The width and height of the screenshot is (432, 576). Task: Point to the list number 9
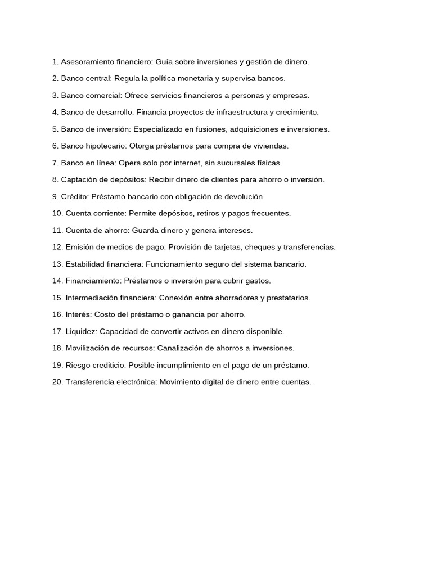(x=55, y=196)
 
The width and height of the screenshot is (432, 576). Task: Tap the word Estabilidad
(x=83, y=264)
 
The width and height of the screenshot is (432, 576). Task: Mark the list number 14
(x=57, y=281)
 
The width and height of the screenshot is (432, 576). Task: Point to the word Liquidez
(x=80, y=331)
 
